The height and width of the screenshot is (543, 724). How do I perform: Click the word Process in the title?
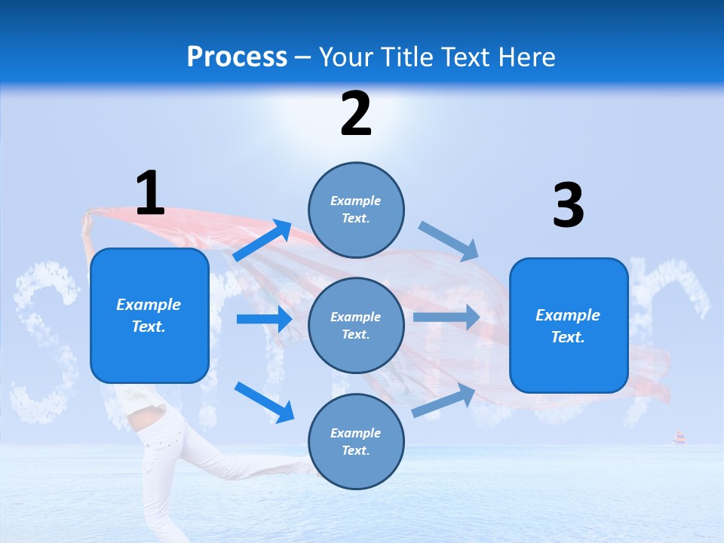tap(237, 57)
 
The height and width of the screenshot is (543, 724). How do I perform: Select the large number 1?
tap(150, 193)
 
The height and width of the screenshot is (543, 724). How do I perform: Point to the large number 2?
tap(356, 114)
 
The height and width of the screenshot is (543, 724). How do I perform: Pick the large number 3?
tap(568, 206)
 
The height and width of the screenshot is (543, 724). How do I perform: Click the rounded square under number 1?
tap(149, 315)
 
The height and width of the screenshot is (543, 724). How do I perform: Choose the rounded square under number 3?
tap(569, 325)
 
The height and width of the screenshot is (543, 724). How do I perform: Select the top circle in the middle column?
tap(356, 210)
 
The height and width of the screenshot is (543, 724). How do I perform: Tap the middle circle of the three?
tap(356, 325)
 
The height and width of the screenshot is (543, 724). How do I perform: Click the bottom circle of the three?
tap(356, 441)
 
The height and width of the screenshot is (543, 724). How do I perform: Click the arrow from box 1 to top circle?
tap(262, 241)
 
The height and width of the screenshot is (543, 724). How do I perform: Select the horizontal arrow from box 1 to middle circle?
tap(264, 319)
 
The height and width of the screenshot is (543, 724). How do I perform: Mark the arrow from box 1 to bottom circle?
tap(264, 402)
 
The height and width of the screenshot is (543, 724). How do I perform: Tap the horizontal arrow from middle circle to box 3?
tap(446, 317)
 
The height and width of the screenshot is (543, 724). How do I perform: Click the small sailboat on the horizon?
tap(679, 437)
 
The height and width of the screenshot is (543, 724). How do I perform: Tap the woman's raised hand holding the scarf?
tap(87, 218)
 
